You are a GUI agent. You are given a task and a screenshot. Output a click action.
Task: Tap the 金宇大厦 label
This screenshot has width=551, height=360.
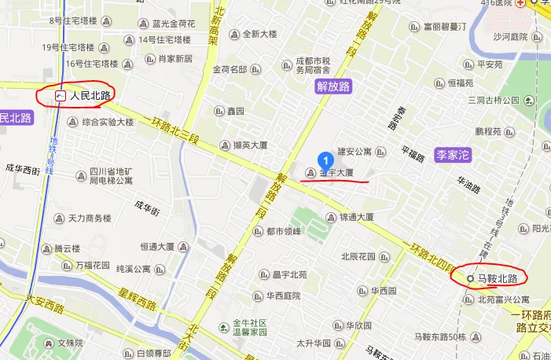click(x=336, y=172)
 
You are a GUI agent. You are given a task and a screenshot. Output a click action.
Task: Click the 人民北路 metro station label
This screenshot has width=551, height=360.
click(x=90, y=95)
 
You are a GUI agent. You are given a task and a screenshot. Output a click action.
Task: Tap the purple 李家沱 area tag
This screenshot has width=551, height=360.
click(x=452, y=156)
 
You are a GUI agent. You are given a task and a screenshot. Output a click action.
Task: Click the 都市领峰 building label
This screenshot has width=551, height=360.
click(x=283, y=231)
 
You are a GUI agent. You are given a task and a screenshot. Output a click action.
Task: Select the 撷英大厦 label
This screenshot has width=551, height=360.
click(x=251, y=145)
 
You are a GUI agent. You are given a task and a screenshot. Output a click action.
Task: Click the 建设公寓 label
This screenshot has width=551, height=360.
click(x=354, y=150)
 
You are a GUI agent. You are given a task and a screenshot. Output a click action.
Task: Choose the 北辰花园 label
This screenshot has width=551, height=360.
click(x=359, y=256)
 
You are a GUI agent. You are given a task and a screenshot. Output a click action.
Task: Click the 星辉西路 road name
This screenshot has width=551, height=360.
click(x=138, y=300)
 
